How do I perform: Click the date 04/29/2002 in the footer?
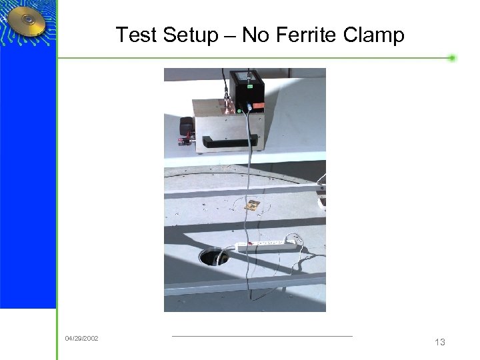coord(81,339)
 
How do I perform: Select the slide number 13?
coord(439,342)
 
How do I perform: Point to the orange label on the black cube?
coord(257,106)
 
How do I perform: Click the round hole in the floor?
coord(213,257)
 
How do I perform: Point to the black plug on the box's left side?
coord(185,127)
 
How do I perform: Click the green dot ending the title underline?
coord(452,58)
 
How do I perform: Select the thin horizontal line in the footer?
coord(261,336)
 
